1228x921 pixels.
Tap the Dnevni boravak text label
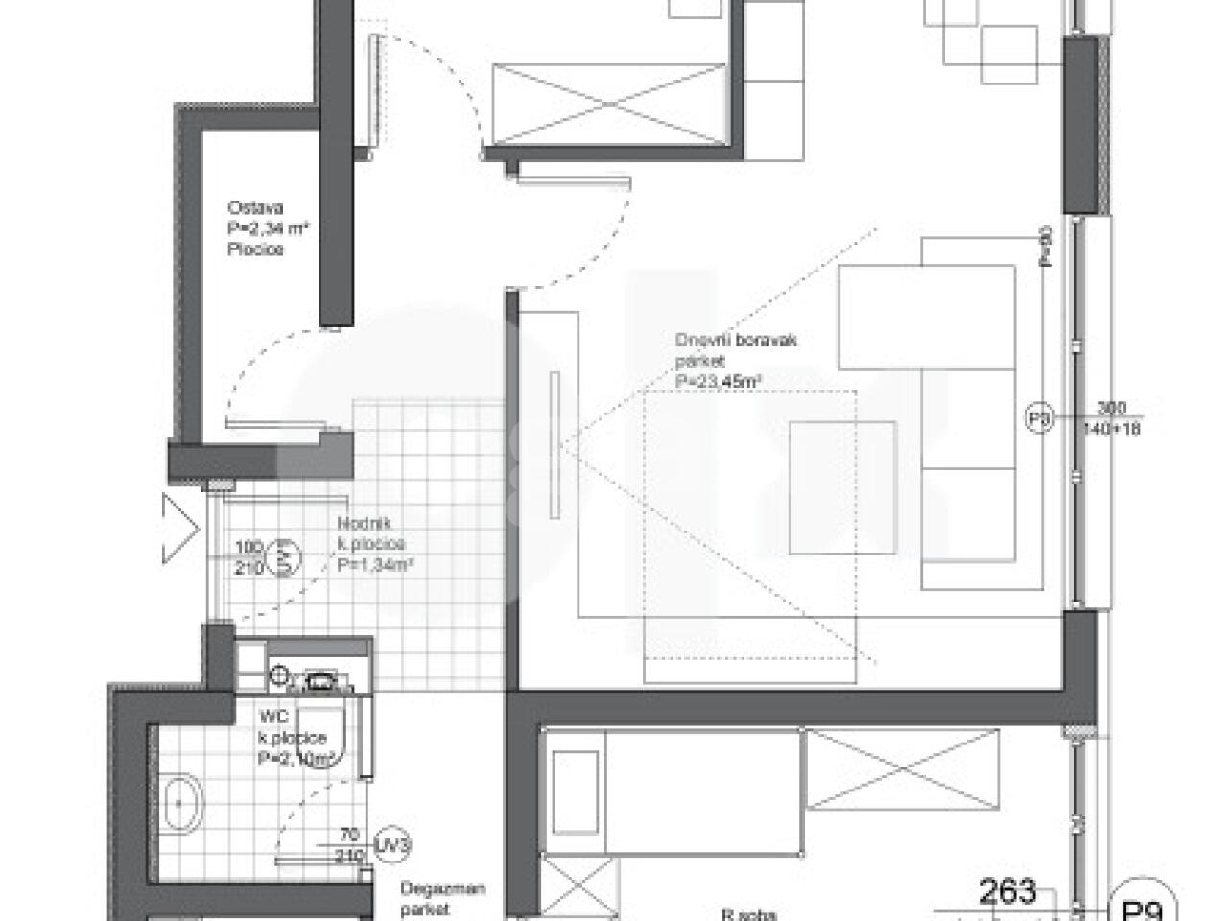coord(736,341)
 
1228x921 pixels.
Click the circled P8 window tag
coord(1040,419)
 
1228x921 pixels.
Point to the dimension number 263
coord(1007,891)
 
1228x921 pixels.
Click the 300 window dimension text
coord(1112,407)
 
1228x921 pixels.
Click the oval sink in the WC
coord(178,803)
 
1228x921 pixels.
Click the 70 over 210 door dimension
coord(352,843)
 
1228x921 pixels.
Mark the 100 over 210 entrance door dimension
coord(248,557)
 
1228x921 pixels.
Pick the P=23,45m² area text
coord(720,382)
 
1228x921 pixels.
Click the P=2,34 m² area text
coord(269,228)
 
